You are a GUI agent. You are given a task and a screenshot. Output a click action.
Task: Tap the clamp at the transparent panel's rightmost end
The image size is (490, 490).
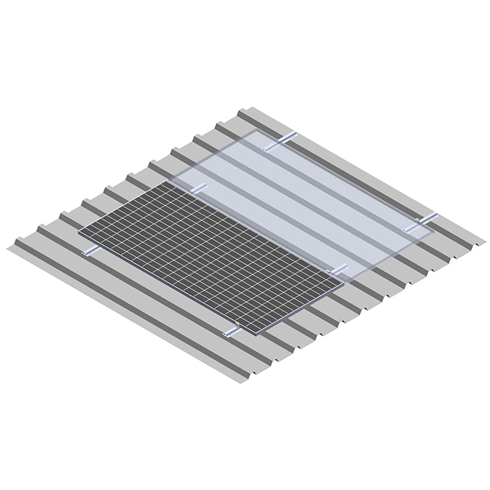pyautogui.click(x=423, y=219)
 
